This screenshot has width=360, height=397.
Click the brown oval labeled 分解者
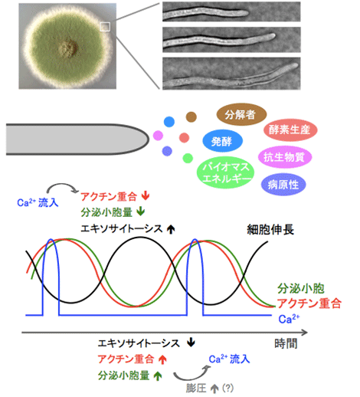click(x=241, y=114)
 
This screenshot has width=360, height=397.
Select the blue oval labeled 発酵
click(x=222, y=141)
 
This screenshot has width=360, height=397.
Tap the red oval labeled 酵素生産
click(x=290, y=130)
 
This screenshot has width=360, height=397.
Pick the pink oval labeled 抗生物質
click(x=285, y=157)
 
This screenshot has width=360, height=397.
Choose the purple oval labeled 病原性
click(x=283, y=185)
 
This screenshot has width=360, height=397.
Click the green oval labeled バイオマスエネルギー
click(x=225, y=172)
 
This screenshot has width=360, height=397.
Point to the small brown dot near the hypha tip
click(x=191, y=117)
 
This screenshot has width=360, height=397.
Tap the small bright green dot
click(x=188, y=158)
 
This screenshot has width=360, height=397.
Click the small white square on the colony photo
click(x=105, y=27)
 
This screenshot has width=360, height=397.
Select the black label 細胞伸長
click(x=270, y=229)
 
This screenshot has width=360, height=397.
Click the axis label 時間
click(x=286, y=344)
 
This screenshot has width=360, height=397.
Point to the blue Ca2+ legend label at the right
click(x=289, y=319)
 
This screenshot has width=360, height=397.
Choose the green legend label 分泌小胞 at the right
click(x=301, y=288)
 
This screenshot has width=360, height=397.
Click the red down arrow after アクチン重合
click(x=146, y=196)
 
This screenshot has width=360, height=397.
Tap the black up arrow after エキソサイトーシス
click(x=171, y=229)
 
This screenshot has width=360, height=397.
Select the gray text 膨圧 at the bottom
click(x=196, y=388)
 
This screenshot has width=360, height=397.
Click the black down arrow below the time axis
click(x=191, y=343)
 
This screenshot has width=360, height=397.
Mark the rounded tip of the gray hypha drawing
click(x=149, y=139)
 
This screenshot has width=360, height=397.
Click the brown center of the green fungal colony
click(x=68, y=48)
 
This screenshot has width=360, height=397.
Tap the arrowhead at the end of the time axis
click(x=306, y=333)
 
